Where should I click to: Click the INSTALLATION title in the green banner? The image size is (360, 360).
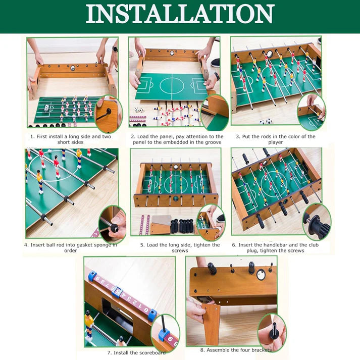pyautogui.click(x=180, y=14)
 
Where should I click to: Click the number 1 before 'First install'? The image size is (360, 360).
pyautogui.click(x=32, y=137)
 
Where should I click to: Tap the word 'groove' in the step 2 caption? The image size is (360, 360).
pyautogui.click(x=213, y=142)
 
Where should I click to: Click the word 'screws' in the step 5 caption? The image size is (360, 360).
pyautogui.click(x=180, y=251)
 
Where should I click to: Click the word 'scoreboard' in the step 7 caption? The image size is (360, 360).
pyautogui.click(x=152, y=352)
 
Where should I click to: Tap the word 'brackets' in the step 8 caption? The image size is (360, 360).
pyautogui.click(x=261, y=350)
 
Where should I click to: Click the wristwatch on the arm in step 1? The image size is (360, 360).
pyautogui.click(x=115, y=49)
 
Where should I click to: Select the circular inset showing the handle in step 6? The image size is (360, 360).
pyautogui.click(x=317, y=222)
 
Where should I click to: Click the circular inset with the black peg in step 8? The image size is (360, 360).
pyautogui.click(x=272, y=332)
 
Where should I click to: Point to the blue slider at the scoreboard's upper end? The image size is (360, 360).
pyautogui.click(x=92, y=276)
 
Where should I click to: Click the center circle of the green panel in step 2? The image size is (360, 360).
pyautogui.click(x=172, y=85)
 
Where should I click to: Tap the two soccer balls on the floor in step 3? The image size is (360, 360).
pyautogui.click(x=266, y=122)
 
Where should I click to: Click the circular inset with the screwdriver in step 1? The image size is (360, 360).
pyautogui.click(x=109, y=114)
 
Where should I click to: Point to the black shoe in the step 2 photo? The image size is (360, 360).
pyautogui.click(x=216, y=63)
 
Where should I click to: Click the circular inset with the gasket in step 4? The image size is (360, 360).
pyautogui.click(x=112, y=224)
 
